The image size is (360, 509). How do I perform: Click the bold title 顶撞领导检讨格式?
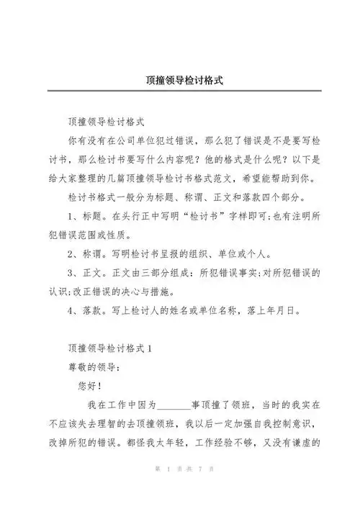pos(180,80)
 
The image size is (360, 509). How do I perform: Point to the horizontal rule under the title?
pos(180,91)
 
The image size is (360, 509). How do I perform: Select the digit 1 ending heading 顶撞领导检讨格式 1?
pos(150,347)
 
